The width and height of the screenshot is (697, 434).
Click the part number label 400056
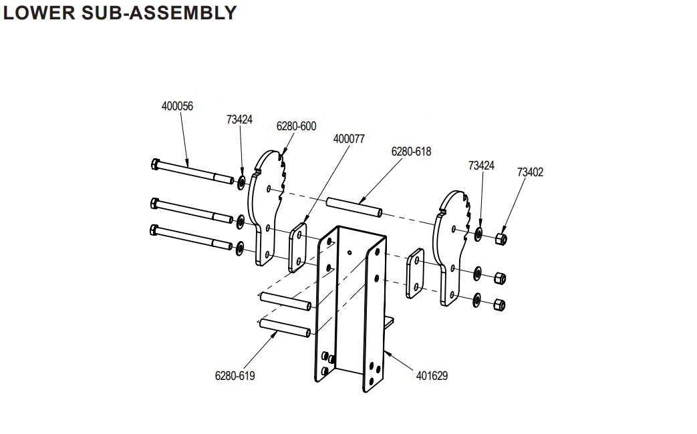pyautogui.click(x=177, y=106)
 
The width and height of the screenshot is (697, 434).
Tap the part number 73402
pyautogui.click(x=530, y=172)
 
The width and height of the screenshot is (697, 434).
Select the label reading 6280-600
pyautogui.click(x=296, y=126)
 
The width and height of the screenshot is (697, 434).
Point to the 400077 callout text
pyautogui.click(x=349, y=139)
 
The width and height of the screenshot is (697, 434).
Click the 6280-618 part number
pyautogui.click(x=411, y=152)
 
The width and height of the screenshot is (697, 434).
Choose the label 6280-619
pyautogui.click(x=235, y=376)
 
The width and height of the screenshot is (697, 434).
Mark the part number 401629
pyautogui.click(x=432, y=376)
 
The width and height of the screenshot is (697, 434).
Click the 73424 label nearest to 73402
pyautogui.click(x=481, y=165)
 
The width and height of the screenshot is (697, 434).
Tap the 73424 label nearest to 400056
pyautogui.click(x=239, y=120)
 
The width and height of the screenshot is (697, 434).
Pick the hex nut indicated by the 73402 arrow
pyautogui.click(x=501, y=238)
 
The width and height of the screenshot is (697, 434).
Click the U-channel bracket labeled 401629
pyautogui.click(x=351, y=307)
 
